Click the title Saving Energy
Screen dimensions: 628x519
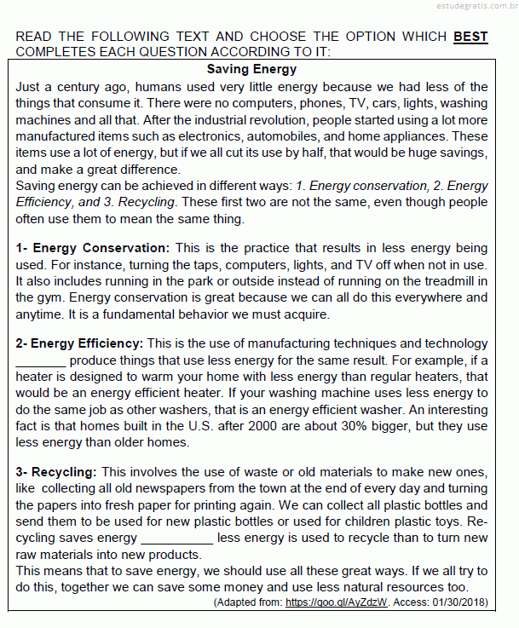pos(251,69)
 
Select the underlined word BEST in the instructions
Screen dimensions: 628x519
pos(470,37)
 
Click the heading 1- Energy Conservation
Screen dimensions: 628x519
pos(93,248)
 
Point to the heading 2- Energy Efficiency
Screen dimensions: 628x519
pos(79,343)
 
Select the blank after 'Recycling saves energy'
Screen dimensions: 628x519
pos(176,539)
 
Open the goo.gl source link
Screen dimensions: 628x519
pos(337,602)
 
